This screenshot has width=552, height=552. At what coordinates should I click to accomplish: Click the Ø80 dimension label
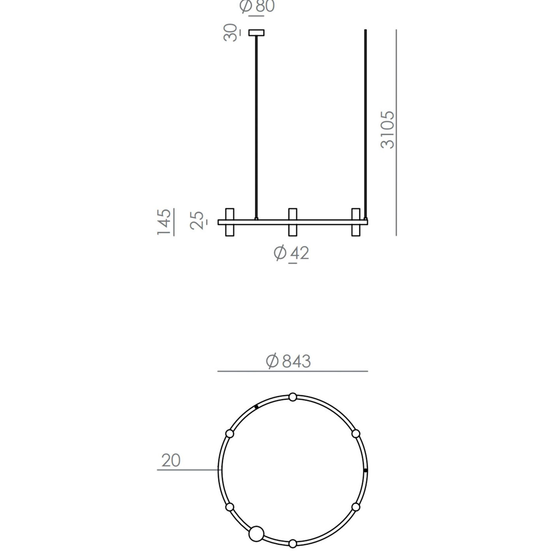pyautogui.click(x=257, y=6)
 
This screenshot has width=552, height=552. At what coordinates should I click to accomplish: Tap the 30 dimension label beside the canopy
pyautogui.click(x=230, y=32)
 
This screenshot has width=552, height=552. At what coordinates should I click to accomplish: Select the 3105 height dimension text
pyautogui.click(x=387, y=130)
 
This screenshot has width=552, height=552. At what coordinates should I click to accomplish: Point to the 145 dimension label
pyautogui.click(x=164, y=222)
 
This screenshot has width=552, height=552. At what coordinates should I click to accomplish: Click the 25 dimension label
pyautogui.click(x=197, y=220)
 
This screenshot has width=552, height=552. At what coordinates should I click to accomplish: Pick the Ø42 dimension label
pyautogui.click(x=291, y=253)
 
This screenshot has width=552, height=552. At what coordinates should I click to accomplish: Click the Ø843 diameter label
pyautogui.click(x=288, y=361)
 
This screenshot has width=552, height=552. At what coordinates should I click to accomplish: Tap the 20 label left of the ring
pyautogui.click(x=171, y=460)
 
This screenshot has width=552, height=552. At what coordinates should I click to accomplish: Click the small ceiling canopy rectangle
pyautogui.click(x=256, y=33)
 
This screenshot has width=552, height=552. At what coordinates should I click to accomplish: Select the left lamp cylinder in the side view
pyautogui.click(x=230, y=222)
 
